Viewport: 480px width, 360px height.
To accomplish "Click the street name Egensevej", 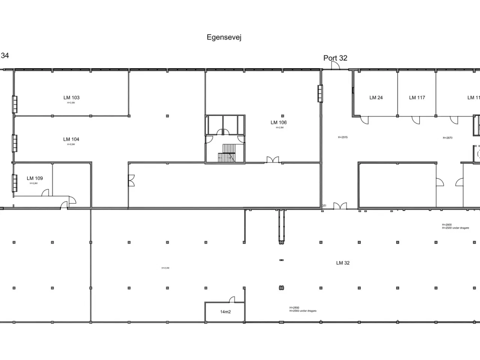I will (x=224, y=37).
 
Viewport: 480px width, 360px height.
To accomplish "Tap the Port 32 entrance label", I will (x=335, y=58).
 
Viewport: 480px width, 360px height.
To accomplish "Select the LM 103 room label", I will (x=71, y=98).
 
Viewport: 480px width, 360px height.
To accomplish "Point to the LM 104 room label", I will (x=71, y=139).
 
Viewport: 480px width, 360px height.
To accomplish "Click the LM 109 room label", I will (x=35, y=178).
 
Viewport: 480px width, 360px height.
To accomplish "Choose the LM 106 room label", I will (x=279, y=123).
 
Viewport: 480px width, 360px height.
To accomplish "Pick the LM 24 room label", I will (x=376, y=98).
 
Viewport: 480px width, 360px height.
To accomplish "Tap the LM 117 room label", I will (x=417, y=98).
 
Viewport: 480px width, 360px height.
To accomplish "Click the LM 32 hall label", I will (x=343, y=263).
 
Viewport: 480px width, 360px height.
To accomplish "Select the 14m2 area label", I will (x=225, y=312).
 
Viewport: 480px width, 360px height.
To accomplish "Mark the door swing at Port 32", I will (x=335, y=66).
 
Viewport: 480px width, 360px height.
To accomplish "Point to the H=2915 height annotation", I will (x=343, y=138).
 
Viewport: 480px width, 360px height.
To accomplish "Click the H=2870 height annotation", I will (x=447, y=138).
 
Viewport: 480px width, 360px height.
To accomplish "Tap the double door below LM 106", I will (x=273, y=160).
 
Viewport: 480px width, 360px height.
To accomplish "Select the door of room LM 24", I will (x=364, y=120).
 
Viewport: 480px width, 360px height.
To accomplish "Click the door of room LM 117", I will (x=415, y=120).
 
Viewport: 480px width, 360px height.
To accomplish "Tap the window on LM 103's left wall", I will (x=15, y=104).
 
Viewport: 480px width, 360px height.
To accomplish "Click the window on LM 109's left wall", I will (x=15, y=183).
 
